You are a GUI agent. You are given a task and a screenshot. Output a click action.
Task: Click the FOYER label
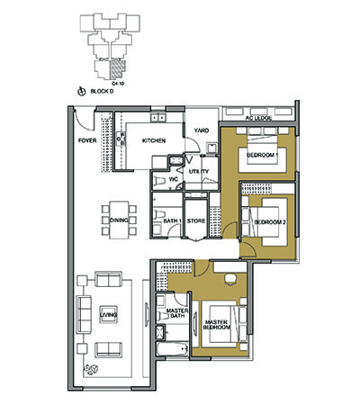[87, 140]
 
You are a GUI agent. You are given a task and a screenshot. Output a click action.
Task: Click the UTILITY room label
[199, 170]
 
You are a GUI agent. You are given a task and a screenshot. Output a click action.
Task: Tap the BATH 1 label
[174, 220]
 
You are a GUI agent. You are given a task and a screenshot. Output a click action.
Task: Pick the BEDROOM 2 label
[269, 220]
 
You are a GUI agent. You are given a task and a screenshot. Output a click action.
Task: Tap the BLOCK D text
[106, 90]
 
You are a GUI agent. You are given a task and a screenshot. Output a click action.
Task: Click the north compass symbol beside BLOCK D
[83, 90]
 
